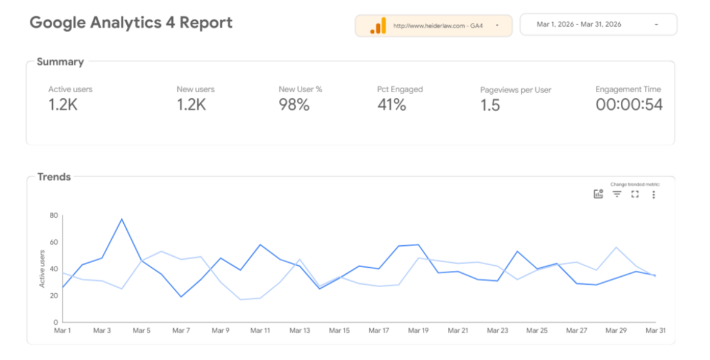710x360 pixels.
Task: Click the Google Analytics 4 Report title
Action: tap(131, 22)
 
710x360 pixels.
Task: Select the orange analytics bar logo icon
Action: tap(378, 26)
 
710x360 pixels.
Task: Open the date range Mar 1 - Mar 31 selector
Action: tap(598, 24)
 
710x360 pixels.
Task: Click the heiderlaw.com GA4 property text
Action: tap(438, 26)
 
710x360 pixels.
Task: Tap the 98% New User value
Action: tap(294, 104)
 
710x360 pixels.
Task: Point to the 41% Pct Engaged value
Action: tap(391, 104)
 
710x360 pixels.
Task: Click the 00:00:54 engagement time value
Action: tap(629, 104)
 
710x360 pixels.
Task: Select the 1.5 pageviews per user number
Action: tap(490, 105)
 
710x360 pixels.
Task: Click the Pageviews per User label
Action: tap(516, 90)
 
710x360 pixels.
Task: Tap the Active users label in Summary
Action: tap(70, 89)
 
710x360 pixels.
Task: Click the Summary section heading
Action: tap(60, 62)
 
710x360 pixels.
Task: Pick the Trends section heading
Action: tap(54, 177)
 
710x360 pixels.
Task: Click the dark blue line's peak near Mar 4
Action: tap(122, 219)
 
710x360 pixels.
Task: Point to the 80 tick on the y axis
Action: tap(54, 216)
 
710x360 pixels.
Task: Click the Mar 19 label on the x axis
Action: tap(418, 331)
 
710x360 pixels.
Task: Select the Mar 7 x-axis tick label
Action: tap(181, 331)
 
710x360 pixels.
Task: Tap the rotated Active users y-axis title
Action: tap(42, 268)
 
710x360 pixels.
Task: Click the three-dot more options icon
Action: tap(654, 194)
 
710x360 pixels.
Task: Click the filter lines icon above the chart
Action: tap(617, 194)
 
